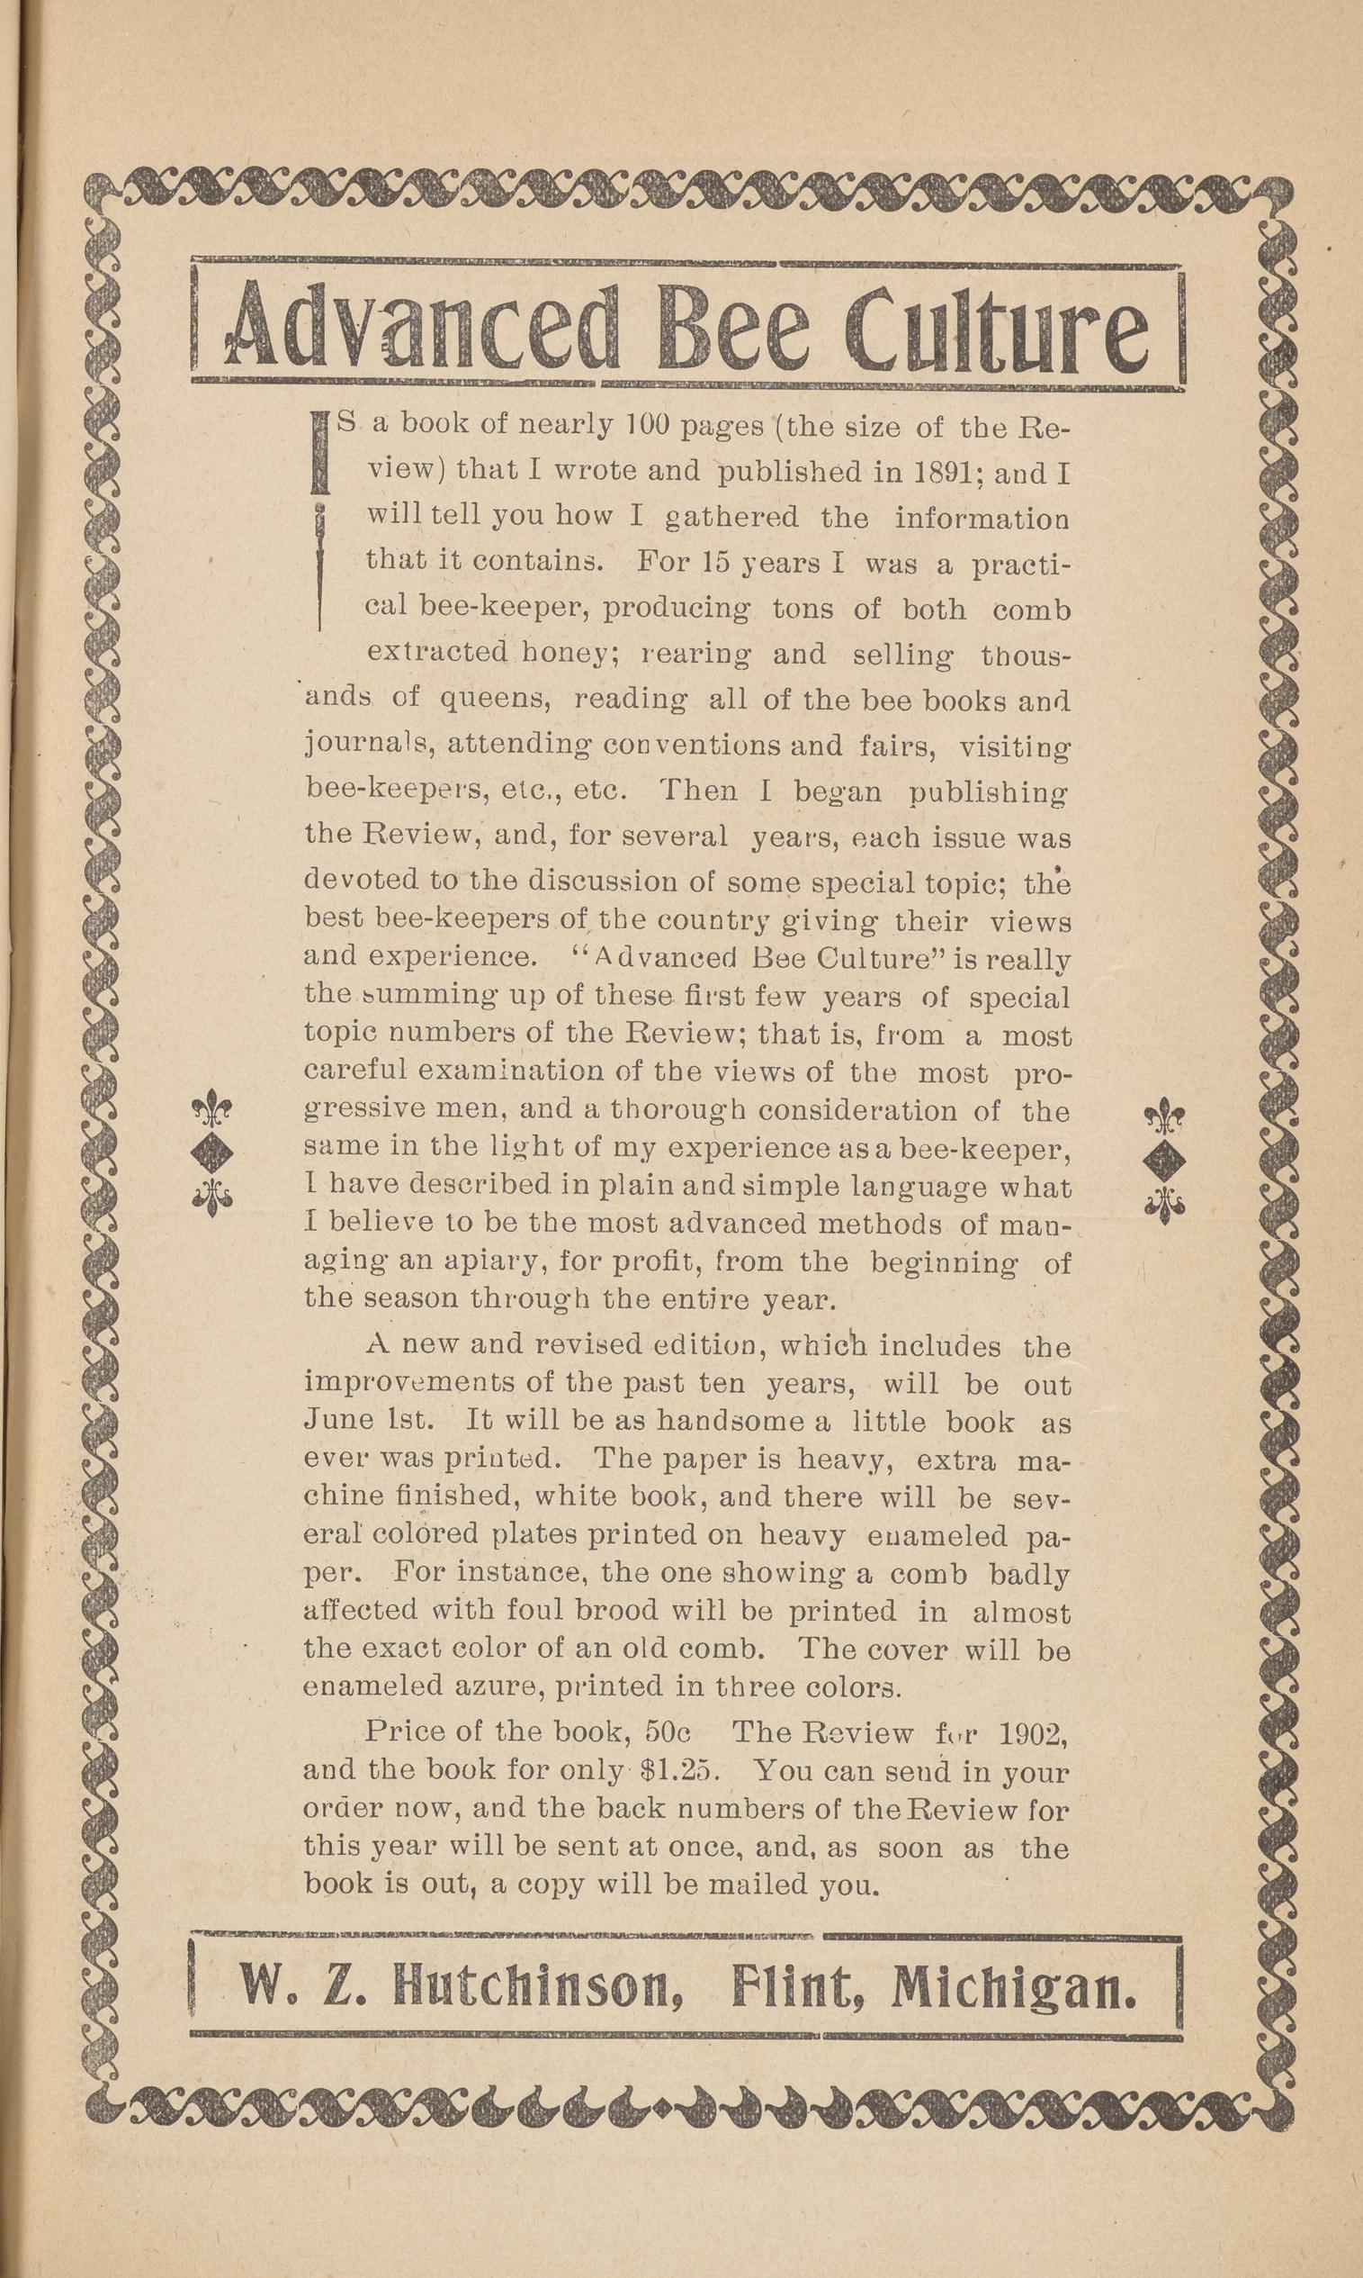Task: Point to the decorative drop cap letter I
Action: click(x=320, y=524)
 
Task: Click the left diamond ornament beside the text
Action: click(x=212, y=1151)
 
